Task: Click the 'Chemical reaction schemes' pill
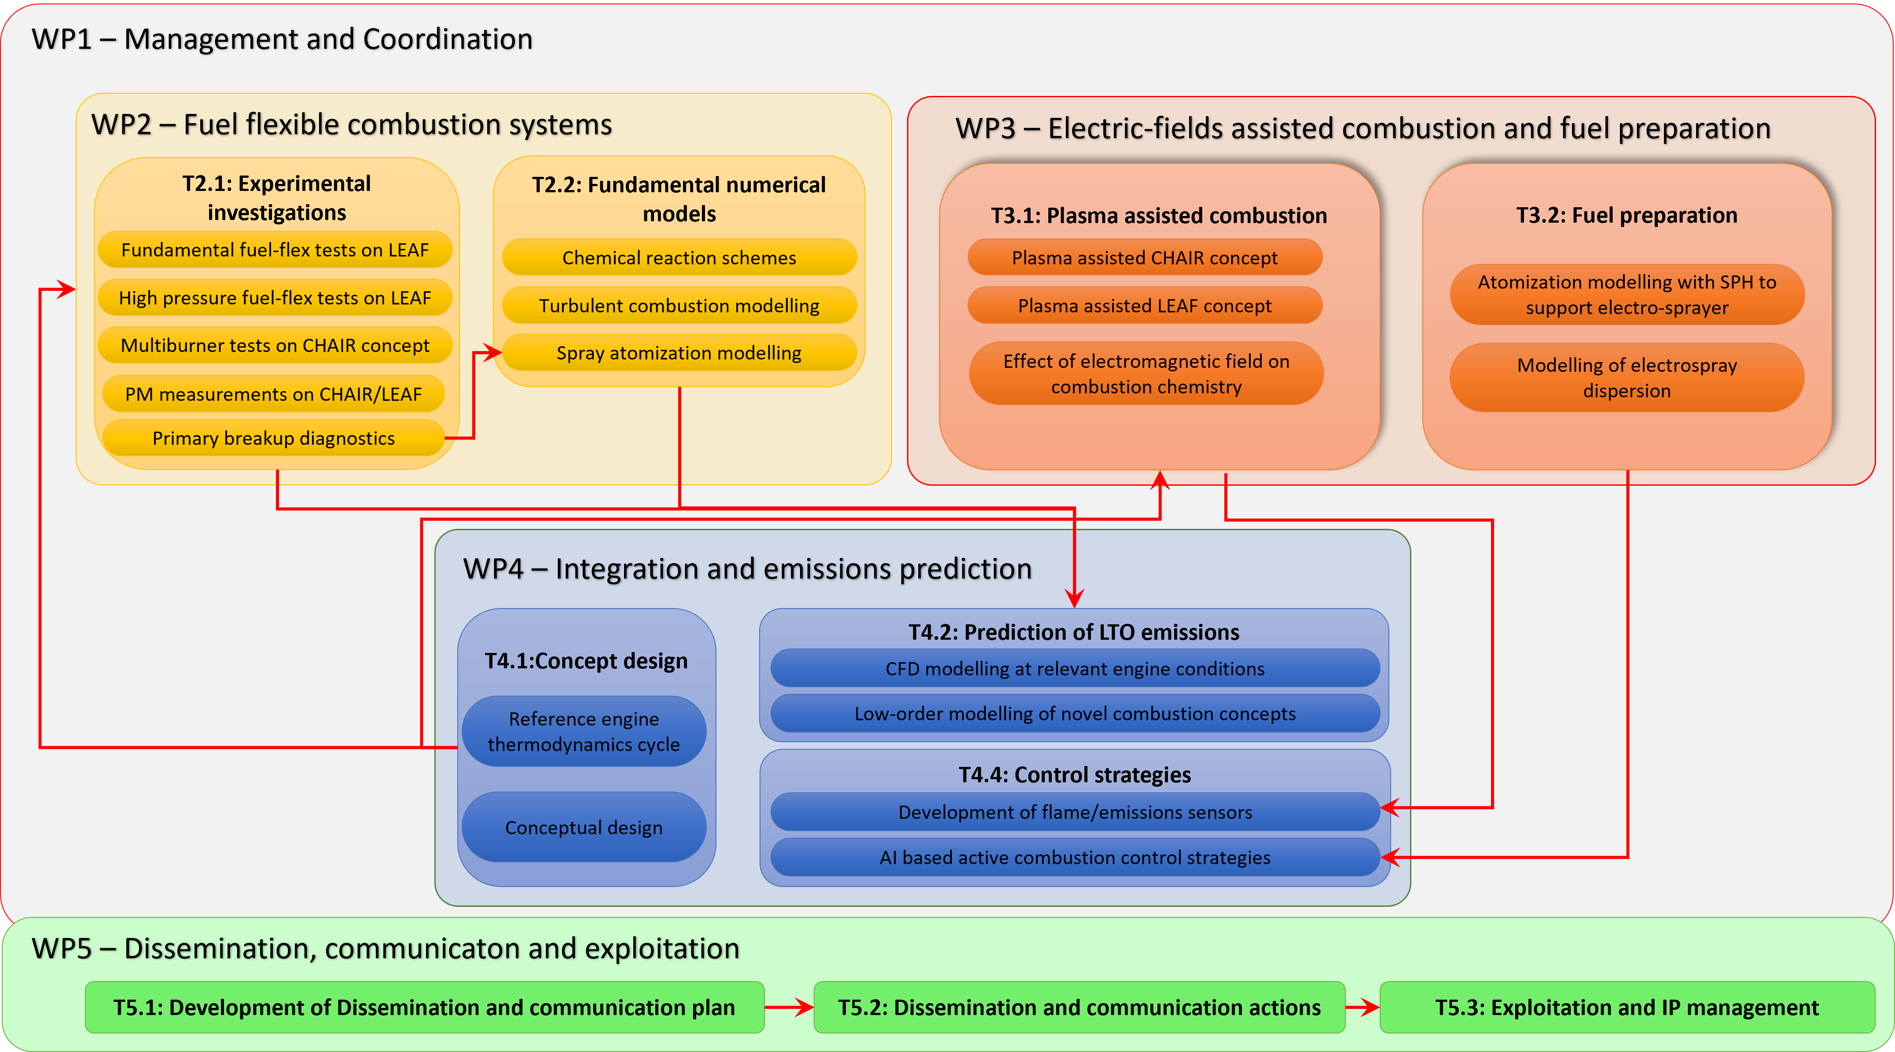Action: (679, 257)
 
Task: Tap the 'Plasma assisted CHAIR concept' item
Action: (1145, 257)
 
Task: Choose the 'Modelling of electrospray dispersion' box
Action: (1627, 378)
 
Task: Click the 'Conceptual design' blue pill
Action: (584, 828)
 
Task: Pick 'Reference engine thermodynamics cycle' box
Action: (584, 731)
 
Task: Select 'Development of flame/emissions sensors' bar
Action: (1074, 812)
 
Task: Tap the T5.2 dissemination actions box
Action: (1079, 1007)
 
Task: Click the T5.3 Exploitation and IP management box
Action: (1627, 1007)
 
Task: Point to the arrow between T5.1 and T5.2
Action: (790, 1007)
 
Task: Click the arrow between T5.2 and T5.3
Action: (1362, 1007)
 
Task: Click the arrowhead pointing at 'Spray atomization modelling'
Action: (494, 353)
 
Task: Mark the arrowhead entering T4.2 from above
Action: (1075, 599)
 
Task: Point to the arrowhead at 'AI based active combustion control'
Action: (1389, 857)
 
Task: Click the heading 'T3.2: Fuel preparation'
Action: (1627, 216)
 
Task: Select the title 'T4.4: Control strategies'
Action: (1074, 775)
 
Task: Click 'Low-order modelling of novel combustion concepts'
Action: (1074, 714)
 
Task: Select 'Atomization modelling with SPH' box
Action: (1627, 294)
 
